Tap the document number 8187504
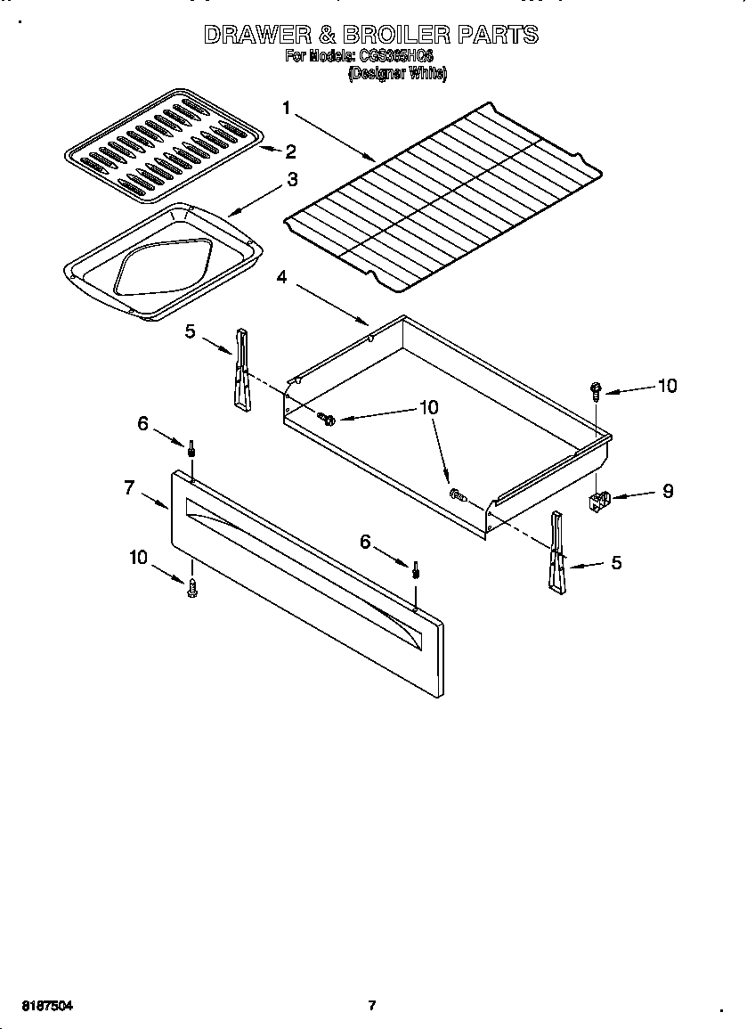[44, 1006]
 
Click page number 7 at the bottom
[372, 1006]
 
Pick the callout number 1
[287, 108]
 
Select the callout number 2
[290, 151]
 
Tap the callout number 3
[292, 180]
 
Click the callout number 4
[281, 277]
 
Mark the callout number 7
[129, 487]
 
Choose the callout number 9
[668, 491]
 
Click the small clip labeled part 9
[602, 502]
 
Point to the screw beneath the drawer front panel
[192, 586]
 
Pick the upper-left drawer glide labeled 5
[241, 371]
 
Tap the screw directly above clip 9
[595, 389]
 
